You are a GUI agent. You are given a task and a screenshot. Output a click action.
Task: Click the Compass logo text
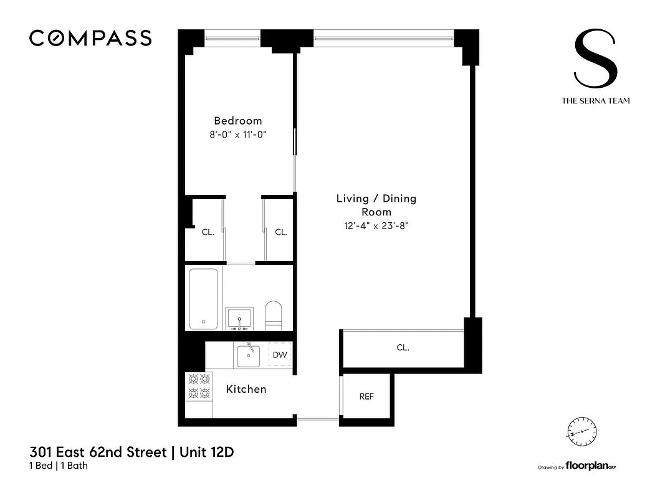coord(90,39)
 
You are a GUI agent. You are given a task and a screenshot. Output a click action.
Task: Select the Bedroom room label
coord(238,121)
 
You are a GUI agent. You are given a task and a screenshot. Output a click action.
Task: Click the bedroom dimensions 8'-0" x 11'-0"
coord(238,134)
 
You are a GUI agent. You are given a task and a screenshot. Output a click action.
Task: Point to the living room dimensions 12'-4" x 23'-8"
coord(376,226)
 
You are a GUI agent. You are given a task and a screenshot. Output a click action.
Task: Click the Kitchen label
coord(246,389)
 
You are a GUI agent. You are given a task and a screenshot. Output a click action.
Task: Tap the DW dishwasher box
coord(280,355)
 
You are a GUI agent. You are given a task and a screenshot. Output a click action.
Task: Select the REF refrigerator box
coord(366,397)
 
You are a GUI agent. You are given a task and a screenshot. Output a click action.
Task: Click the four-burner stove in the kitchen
coord(199,386)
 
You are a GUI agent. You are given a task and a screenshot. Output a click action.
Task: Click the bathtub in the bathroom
coord(203,299)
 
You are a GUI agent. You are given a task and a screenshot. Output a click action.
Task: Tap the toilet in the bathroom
coord(274,314)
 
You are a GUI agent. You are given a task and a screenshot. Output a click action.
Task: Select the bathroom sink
coord(240,317)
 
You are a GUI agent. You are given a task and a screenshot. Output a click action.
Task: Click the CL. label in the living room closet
coord(403,348)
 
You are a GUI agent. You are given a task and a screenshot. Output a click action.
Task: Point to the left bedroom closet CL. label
coord(208,232)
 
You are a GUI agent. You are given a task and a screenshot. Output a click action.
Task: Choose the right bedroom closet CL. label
coord(282,232)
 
